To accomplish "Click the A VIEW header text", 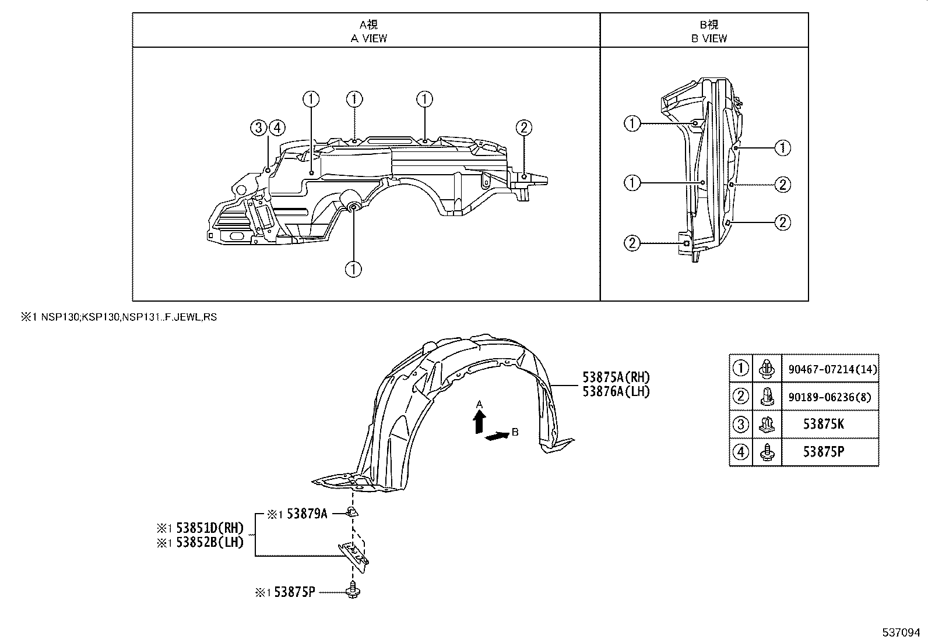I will [368, 38].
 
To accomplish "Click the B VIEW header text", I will [709, 38].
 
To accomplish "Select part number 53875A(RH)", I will [616, 377].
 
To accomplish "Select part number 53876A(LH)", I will [616, 391].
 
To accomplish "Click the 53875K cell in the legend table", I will [823, 424].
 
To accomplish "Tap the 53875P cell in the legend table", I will [823, 452].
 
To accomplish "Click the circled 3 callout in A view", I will [258, 128].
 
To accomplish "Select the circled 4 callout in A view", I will [277, 128].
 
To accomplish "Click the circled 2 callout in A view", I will [523, 128].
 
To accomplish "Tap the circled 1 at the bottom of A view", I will [353, 269].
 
